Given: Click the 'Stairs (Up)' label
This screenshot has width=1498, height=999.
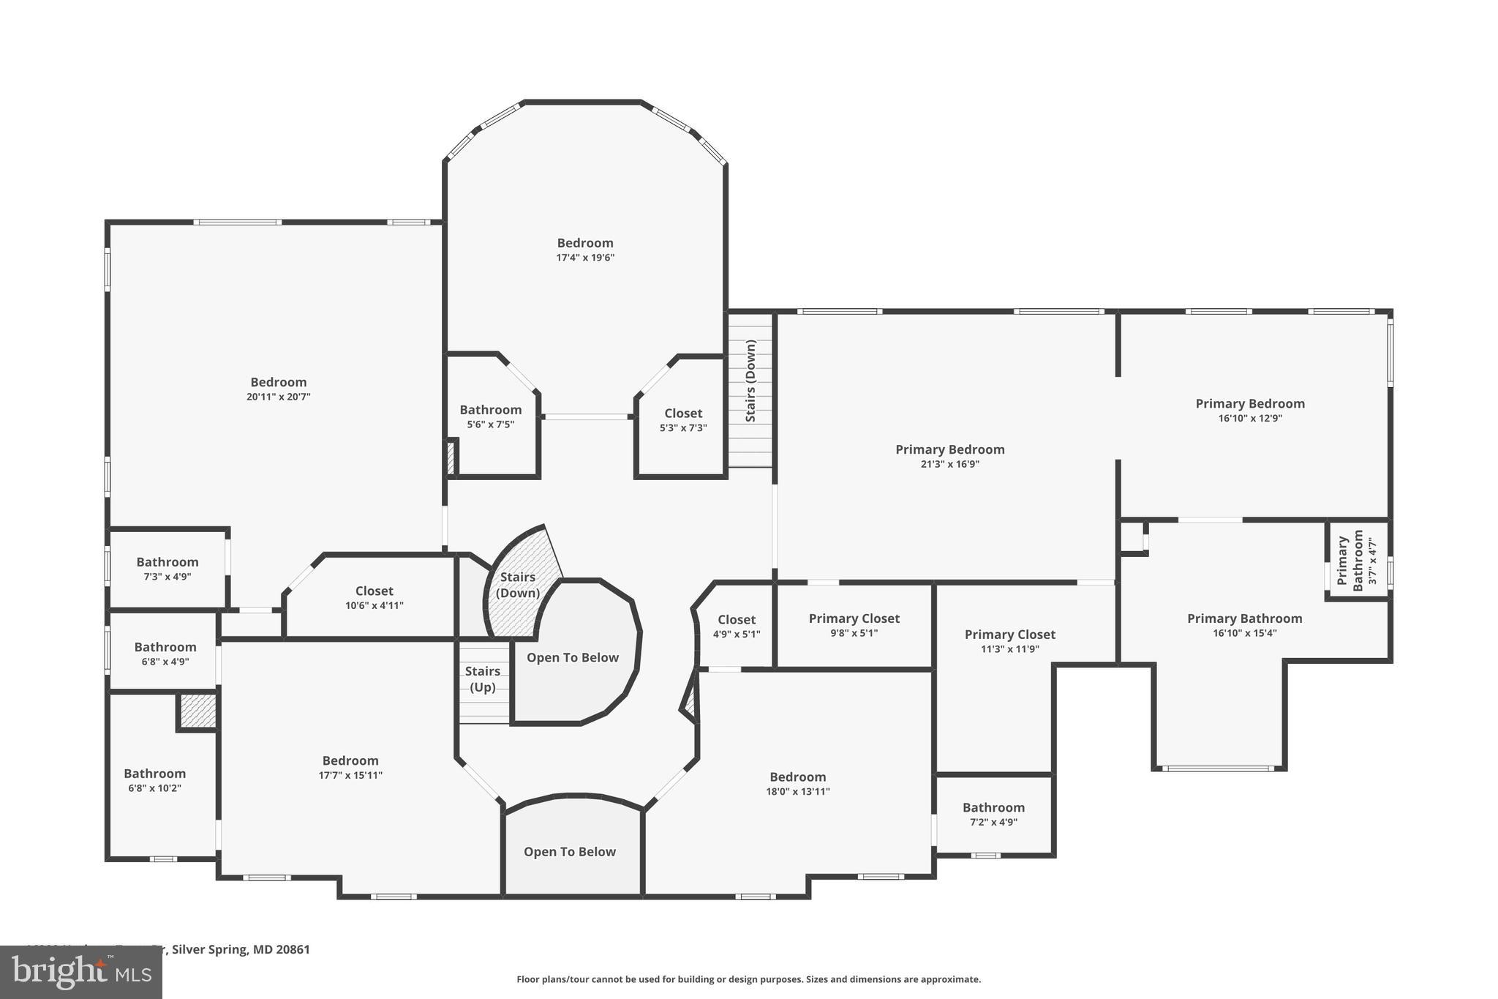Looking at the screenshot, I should click(483, 679).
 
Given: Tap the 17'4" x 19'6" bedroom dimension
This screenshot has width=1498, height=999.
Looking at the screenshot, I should click(585, 258).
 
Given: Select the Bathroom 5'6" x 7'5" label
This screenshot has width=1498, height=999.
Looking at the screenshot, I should click(491, 416).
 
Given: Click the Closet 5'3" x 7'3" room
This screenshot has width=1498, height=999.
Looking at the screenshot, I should click(683, 420).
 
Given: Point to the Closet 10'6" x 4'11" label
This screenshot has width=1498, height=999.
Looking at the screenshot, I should click(374, 597).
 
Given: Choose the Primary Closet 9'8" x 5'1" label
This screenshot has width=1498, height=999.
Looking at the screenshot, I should click(854, 625).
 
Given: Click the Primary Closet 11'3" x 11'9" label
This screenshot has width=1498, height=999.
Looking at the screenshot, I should click(1009, 641).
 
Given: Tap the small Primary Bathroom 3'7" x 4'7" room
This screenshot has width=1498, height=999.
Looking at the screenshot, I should click(1357, 561).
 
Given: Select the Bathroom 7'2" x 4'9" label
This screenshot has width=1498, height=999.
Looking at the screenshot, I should click(993, 814).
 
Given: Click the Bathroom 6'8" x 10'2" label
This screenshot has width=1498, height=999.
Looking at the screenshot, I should click(154, 780).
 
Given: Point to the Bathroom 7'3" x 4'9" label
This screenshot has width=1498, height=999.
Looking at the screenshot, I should click(168, 569).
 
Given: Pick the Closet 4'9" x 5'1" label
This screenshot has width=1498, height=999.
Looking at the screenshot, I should click(737, 626).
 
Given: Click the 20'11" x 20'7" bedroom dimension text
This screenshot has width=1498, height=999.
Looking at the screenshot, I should click(279, 397).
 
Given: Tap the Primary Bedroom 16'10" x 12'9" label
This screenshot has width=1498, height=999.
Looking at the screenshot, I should click(1250, 410).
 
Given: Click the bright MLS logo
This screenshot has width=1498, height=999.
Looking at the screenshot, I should click(81, 972).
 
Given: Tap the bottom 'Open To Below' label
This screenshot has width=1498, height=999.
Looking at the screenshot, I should click(570, 852).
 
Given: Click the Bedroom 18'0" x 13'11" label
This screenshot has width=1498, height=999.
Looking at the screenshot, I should click(797, 783).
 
